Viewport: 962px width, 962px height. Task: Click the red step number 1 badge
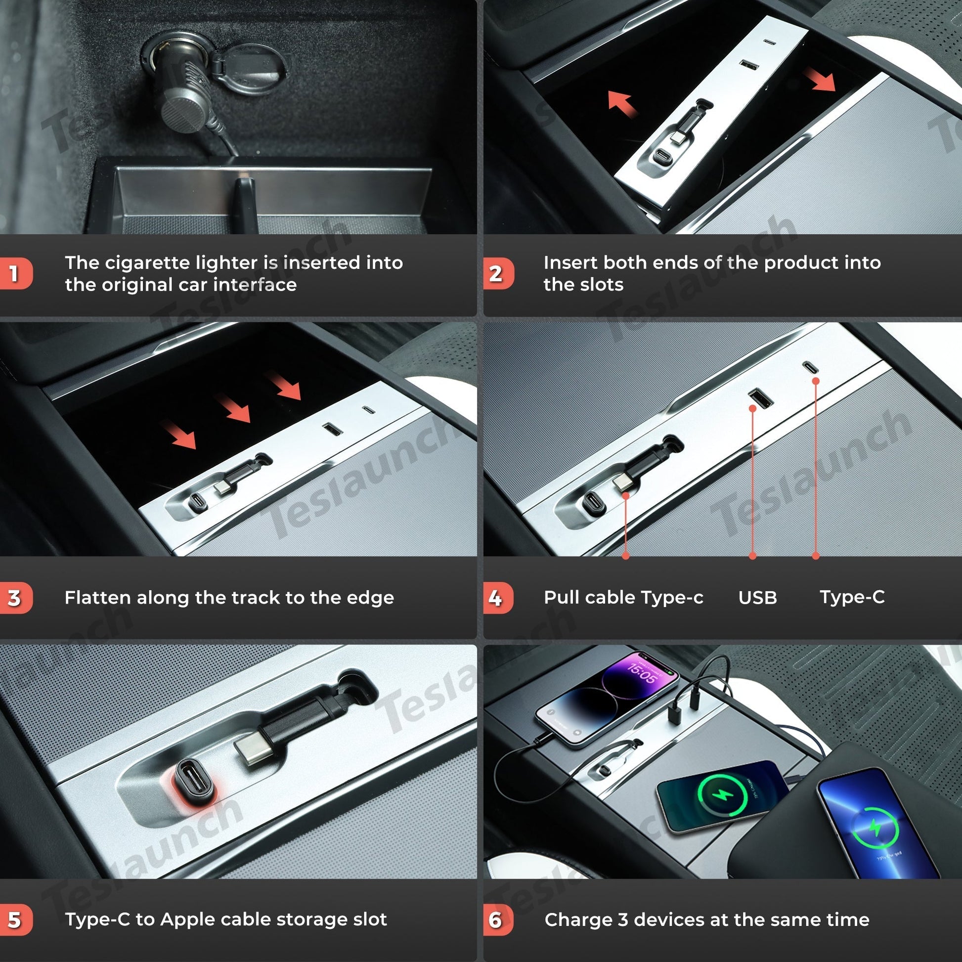click(x=16, y=273)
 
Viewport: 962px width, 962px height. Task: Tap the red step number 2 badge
click(x=498, y=273)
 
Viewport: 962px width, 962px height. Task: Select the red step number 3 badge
click(x=16, y=598)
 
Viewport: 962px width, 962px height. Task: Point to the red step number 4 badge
click(x=498, y=598)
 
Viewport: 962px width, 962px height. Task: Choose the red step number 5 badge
click(x=16, y=919)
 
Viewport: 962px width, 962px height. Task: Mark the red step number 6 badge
click(x=498, y=919)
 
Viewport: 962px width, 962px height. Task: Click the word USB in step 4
click(x=757, y=598)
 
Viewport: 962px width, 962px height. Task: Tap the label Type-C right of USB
click(x=852, y=597)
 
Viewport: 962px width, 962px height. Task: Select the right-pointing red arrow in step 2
click(x=820, y=79)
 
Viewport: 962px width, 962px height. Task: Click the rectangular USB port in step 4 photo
click(x=760, y=398)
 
